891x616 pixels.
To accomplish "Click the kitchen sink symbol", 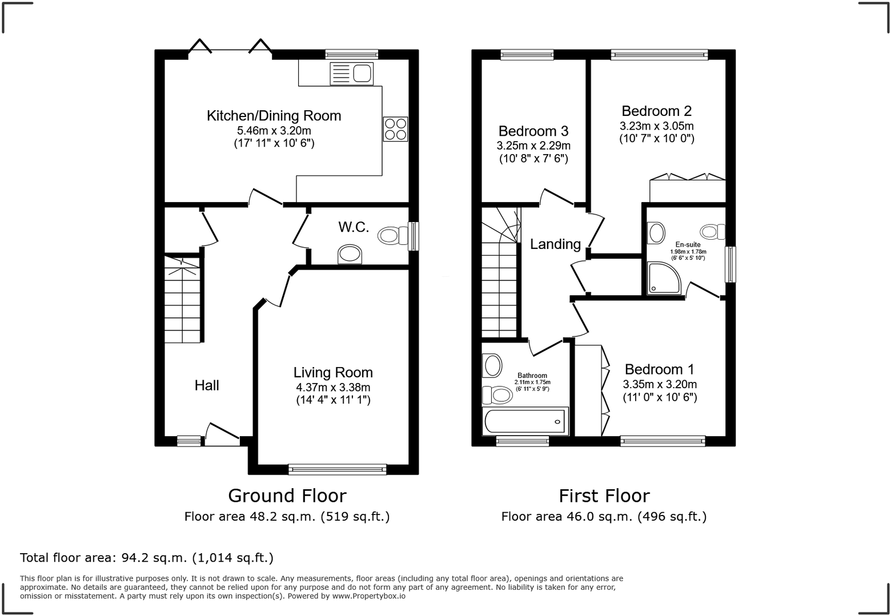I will (351, 74).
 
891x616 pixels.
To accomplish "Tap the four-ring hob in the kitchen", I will (395, 129).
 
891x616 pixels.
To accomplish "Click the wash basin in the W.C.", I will (350, 254).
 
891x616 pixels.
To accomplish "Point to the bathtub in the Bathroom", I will (525, 422).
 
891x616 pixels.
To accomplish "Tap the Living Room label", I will (333, 372).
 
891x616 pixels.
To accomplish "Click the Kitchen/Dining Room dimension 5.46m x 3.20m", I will (274, 130).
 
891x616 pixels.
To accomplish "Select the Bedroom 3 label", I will (533, 131).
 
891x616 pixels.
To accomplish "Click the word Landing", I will (555, 244).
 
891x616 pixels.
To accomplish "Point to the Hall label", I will (207, 385).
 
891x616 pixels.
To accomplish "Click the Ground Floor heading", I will (287, 495).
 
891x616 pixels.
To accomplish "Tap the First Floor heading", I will (604, 495).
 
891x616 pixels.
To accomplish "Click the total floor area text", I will (147, 557).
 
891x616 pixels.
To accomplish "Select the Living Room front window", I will (338, 469).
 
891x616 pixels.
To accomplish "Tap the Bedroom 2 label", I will (656, 111).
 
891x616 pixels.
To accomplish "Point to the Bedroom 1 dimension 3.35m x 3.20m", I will (660, 384).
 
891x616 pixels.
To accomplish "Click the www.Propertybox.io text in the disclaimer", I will (368, 595).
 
